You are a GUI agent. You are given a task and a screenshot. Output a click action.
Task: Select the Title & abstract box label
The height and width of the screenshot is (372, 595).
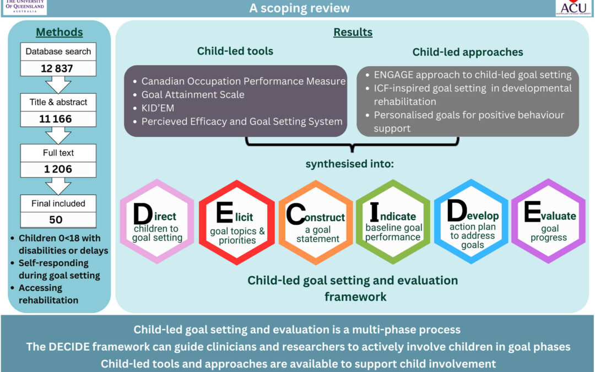(x=59, y=102)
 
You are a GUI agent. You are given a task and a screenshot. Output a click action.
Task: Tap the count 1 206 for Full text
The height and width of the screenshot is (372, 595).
(x=59, y=169)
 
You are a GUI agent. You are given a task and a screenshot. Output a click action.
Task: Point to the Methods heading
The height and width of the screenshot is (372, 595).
(x=59, y=32)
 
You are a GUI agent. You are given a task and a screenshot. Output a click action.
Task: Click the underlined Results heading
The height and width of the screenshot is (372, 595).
(x=353, y=32)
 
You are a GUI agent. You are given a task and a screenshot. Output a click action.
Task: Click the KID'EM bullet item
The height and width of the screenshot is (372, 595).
(x=158, y=107)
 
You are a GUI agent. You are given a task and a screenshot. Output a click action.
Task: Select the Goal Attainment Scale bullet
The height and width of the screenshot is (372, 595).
(x=192, y=94)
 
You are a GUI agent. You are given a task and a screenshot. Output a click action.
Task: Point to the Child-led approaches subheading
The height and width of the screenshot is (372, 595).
(x=468, y=52)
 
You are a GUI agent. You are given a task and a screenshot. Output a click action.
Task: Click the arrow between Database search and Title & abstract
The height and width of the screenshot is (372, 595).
(x=59, y=85)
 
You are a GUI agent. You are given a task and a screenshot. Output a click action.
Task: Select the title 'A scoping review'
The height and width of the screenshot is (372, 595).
(x=299, y=8)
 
